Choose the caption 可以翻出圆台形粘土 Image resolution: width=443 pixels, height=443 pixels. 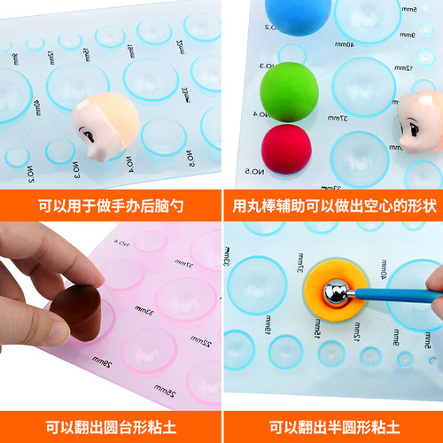pos(111,425)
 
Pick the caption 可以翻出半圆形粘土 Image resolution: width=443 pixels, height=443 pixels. pos(332,425)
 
